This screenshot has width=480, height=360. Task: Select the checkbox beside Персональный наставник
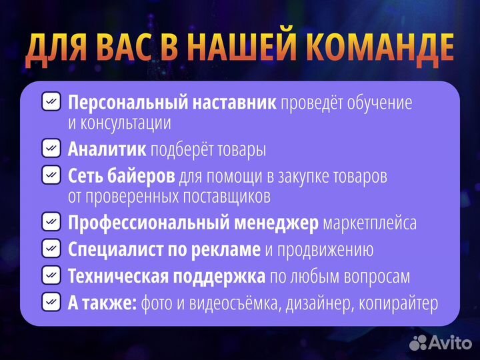tap(51, 102)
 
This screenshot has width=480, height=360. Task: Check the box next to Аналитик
tap(51, 149)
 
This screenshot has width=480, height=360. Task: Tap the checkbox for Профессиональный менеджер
tap(51, 222)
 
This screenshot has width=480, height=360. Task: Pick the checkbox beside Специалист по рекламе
tap(51, 249)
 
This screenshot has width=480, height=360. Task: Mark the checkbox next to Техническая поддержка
tap(51, 275)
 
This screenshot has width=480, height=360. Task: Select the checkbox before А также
tap(51, 302)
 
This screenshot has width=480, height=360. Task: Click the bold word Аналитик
tap(107, 149)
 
